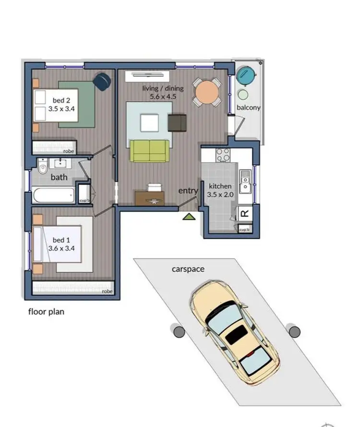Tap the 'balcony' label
tap(248, 108)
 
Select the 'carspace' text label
tap(188, 269)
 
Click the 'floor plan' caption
tap(46, 312)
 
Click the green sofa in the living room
tap(150, 150)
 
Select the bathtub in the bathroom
tap(53, 195)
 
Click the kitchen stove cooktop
tap(223, 155)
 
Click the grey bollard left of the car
tap(179, 331)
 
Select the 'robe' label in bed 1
tap(107, 291)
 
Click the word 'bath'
tap(59, 177)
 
